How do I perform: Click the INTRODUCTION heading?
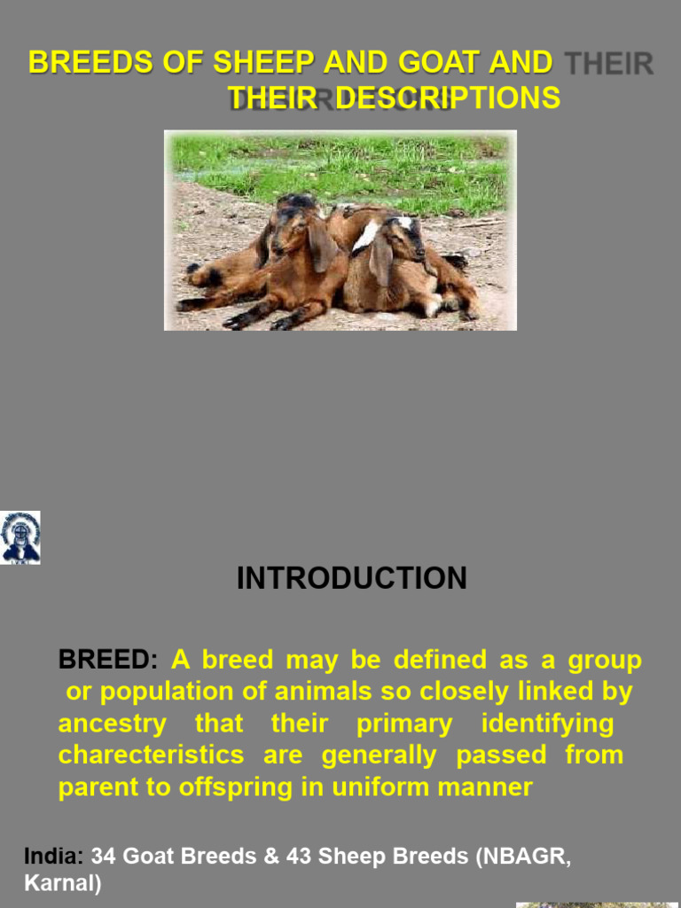coord(351,578)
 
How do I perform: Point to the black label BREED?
coord(107,660)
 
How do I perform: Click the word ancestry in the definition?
coord(112,724)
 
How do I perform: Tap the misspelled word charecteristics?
coord(151,755)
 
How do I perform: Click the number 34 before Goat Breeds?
coord(104,856)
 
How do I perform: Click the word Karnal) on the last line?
coord(63,883)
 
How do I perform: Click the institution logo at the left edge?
coord(20,537)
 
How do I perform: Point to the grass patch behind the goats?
coord(355,160)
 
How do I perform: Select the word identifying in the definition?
coord(547,724)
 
